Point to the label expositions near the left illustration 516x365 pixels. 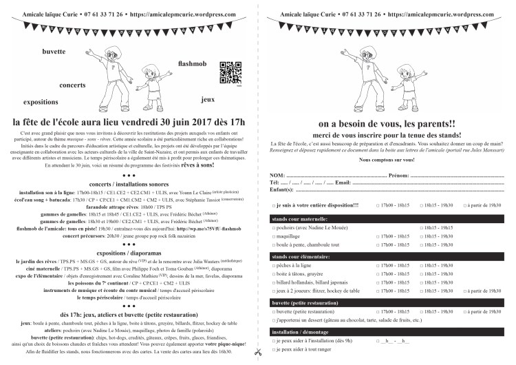41,101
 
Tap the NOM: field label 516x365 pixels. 277,174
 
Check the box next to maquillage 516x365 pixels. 275,236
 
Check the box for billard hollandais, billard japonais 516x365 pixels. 275,282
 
